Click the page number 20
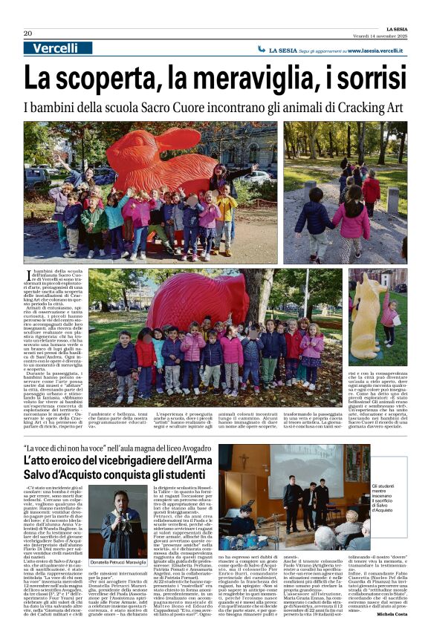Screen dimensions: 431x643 tap(27, 33)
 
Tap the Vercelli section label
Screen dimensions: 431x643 tap(54, 48)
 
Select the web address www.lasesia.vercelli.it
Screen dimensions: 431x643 tap(369, 50)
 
